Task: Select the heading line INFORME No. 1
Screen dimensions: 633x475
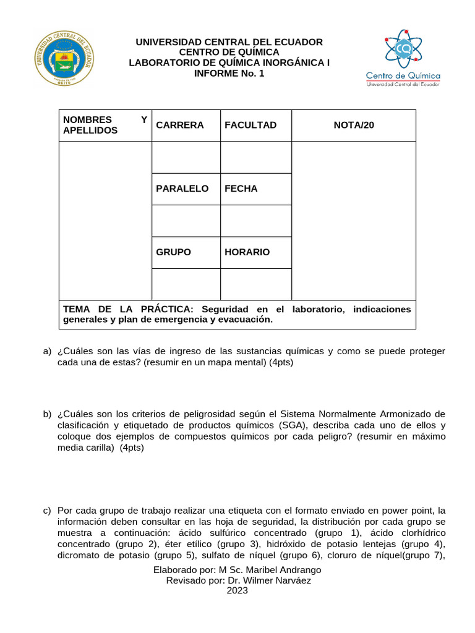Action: (x=229, y=73)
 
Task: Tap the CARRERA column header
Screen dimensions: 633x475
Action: (x=180, y=125)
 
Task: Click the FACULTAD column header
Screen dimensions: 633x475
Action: (x=250, y=125)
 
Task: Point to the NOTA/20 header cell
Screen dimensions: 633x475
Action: (x=354, y=125)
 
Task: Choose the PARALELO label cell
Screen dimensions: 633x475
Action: (x=182, y=189)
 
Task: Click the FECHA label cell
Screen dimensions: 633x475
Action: (x=241, y=189)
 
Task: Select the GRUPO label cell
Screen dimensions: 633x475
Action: (x=174, y=252)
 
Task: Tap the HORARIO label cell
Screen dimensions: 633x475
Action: (x=247, y=252)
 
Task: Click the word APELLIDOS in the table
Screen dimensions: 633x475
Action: (x=90, y=131)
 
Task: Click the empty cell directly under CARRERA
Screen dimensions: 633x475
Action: (x=186, y=157)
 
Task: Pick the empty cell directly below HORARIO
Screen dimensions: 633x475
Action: (x=255, y=284)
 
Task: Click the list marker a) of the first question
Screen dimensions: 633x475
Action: (x=47, y=351)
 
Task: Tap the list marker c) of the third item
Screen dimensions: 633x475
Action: (x=47, y=511)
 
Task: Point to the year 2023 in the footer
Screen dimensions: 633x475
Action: (x=237, y=591)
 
